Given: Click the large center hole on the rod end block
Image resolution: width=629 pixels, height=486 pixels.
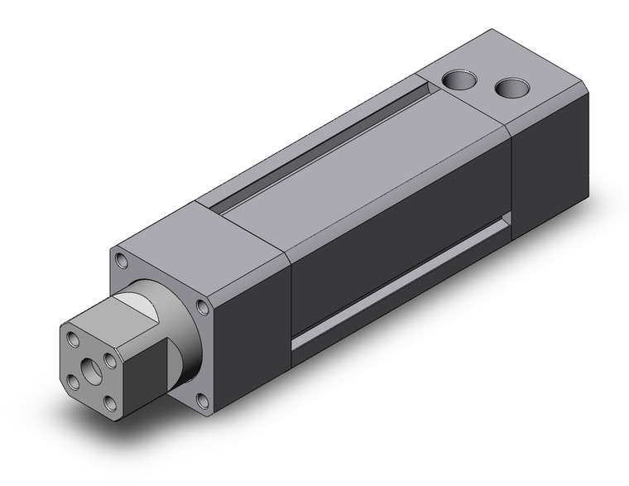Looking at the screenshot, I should (89, 363).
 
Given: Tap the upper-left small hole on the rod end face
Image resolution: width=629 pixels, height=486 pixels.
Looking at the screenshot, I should (74, 338).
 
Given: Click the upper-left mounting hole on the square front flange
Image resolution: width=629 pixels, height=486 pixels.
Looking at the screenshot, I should (123, 261).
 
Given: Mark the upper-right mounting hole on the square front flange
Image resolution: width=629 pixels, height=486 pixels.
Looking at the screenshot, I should (204, 310).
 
